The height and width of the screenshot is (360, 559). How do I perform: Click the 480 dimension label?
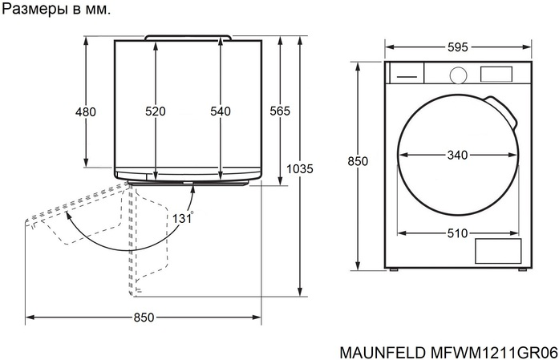[86, 112]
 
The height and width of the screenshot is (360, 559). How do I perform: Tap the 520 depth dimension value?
[156, 111]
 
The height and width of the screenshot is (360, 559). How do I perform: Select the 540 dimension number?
[221, 111]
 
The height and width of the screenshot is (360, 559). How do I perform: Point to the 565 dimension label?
[280, 111]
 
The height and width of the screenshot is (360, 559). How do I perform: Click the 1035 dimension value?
[300, 168]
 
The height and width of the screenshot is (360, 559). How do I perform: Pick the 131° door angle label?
[183, 217]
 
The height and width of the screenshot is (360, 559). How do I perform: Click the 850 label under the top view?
[144, 318]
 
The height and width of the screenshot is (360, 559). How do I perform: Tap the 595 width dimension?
[458, 47]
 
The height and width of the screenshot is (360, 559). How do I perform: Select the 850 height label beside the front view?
[358, 161]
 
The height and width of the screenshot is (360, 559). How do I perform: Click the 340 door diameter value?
[457, 155]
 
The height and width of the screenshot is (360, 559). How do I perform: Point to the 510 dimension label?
[457, 233]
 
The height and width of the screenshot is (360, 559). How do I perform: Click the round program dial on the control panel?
[459, 75]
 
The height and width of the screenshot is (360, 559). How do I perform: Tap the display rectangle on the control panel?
[496, 74]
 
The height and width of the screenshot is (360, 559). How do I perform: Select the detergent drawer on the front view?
[407, 73]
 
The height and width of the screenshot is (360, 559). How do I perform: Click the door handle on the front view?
[501, 111]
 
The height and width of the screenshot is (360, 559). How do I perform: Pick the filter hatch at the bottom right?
[498, 251]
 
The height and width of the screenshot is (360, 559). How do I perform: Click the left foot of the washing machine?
[394, 270]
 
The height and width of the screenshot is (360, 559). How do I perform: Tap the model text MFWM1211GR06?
[494, 353]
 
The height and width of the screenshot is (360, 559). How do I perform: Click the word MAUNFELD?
[383, 353]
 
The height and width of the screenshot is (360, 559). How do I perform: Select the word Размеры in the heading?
[36, 10]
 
